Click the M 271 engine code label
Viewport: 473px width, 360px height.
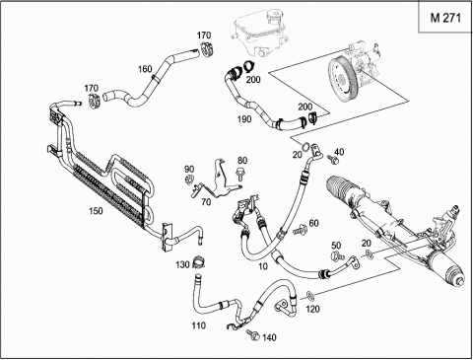pos(445,18)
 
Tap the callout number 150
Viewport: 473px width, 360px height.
pos(96,211)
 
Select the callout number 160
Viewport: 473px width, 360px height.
pos(145,69)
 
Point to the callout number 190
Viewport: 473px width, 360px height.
pos(244,119)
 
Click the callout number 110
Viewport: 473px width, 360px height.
pos(199,325)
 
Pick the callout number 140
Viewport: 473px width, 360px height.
pos(269,337)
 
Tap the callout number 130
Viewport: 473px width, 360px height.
pos(182,264)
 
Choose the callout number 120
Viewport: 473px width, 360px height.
pos(312,309)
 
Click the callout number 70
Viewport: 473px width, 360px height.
pos(206,202)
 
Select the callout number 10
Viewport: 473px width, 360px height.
pos(263,266)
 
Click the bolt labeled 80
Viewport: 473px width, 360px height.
pos(239,175)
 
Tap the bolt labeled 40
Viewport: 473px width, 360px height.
pos(332,159)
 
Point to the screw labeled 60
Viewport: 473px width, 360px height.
pos(300,229)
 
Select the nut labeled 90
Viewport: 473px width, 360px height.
pos(189,180)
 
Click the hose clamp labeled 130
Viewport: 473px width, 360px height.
pos(198,261)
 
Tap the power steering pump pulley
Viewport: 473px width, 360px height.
pos(341,79)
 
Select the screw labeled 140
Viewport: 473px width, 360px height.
pos(253,334)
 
